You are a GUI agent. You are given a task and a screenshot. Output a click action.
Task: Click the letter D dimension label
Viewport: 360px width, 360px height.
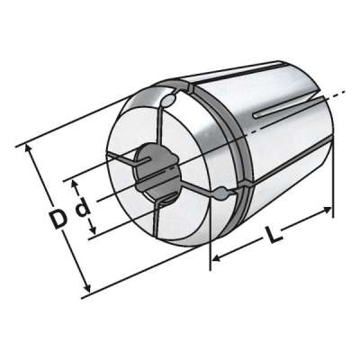click(x=58, y=219)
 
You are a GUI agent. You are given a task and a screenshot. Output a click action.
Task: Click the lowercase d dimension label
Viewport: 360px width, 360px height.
click(x=83, y=207)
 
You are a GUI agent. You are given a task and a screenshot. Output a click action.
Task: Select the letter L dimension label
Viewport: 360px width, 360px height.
click(x=274, y=234)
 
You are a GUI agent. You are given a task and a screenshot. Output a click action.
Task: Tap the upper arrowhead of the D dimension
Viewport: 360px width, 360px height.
click(x=28, y=149)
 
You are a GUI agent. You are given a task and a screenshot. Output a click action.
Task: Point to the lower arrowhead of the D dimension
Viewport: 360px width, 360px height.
click(x=87, y=287)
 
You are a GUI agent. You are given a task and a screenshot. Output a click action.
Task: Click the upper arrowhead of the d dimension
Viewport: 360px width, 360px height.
click(x=75, y=184)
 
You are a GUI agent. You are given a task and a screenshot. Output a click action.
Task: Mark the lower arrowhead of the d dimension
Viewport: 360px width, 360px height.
click(x=93, y=230)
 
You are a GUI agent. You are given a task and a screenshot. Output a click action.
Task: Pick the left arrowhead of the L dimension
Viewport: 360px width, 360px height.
click(x=217, y=257)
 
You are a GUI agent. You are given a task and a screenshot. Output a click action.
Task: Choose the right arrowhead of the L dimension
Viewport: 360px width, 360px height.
click(x=327, y=210)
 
